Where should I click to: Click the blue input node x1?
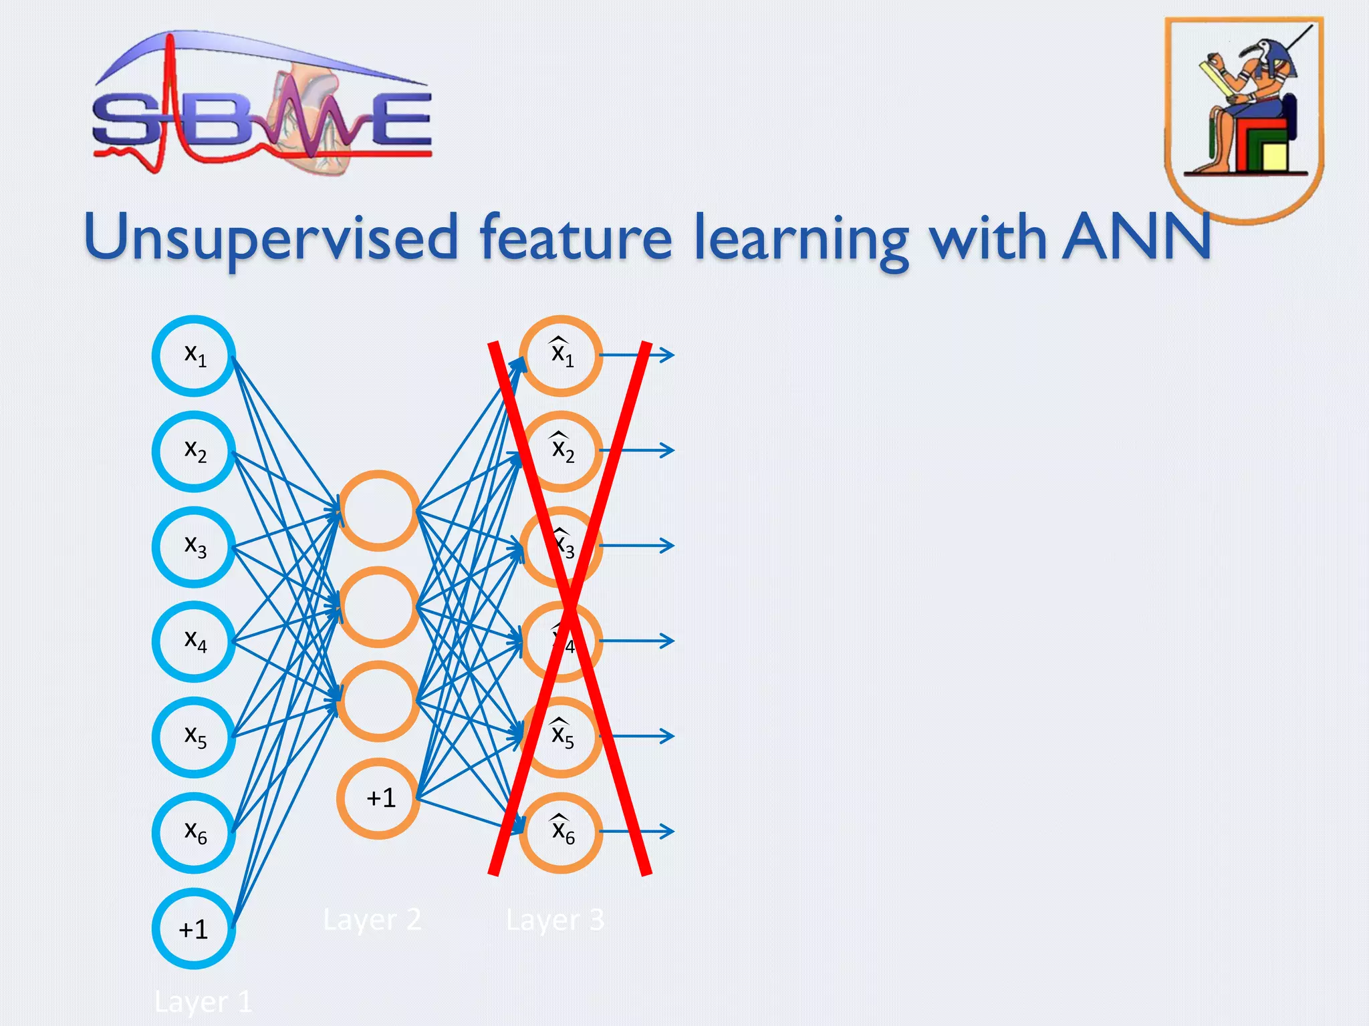[194, 355]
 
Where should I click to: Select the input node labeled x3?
[194, 546]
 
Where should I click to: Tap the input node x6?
[194, 832]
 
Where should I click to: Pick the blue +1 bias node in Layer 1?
[194, 928]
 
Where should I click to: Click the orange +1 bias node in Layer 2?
[378, 798]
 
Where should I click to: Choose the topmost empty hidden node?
[378, 511]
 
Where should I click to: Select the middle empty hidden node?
[378, 607]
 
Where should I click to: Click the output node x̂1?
[562, 355]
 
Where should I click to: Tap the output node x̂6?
[562, 832]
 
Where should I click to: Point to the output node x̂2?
[562, 451]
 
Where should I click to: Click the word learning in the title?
[801, 240]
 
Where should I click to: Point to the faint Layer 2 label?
[372, 920]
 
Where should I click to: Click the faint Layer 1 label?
[203, 1002]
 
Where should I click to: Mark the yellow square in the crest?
[1274, 157]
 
